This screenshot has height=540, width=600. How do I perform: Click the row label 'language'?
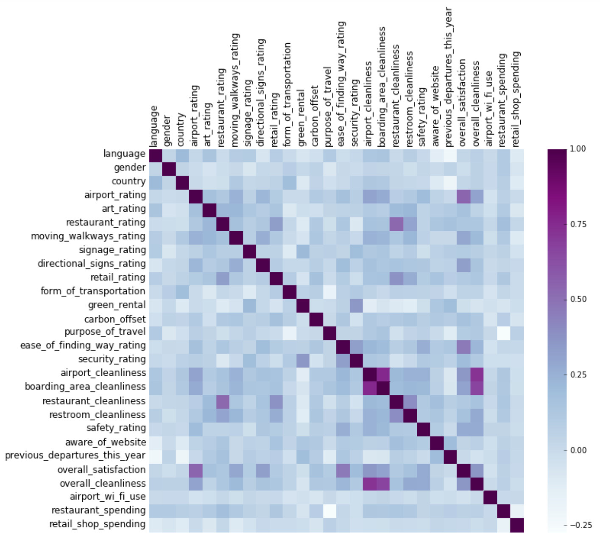(x=124, y=154)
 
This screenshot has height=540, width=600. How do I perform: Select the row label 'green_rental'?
(x=117, y=305)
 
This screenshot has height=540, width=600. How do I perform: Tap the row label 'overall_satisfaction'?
(x=101, y=470)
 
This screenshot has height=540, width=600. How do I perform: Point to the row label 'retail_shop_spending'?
(x=97, y=524)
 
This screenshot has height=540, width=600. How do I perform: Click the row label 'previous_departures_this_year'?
(x=75, y=456)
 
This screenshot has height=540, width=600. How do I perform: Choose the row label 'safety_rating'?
(x=116, y=428)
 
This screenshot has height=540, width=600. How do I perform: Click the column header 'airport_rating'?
(x=194, y=116)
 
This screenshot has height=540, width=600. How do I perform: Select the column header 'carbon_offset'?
(x=314, y=116)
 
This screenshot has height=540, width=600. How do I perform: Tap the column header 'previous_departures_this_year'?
(x=449, y=76)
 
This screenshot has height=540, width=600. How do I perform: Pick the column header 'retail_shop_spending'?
(x=516, y=99)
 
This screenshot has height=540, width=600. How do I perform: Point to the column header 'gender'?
(x=167, y=130)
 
